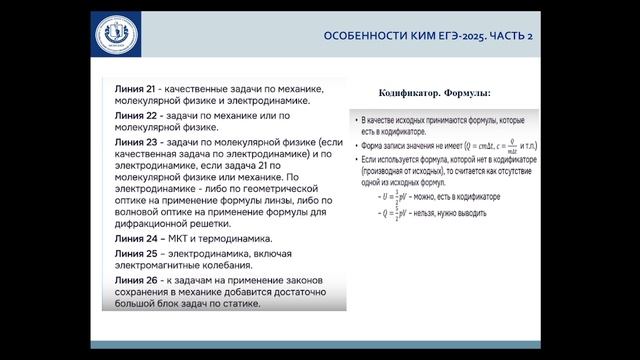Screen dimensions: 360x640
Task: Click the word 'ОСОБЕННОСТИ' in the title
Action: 358,35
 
